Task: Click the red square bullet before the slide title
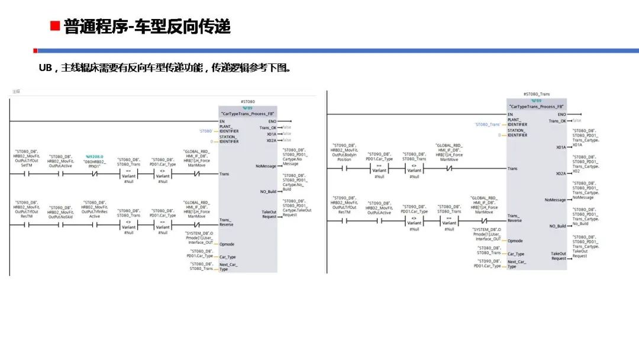tap(54, 27)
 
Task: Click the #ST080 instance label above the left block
tap(248, 102)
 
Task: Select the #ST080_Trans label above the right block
tap(536, 94)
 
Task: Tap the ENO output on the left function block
tap(272, 121)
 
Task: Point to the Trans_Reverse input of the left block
tap(226, 222)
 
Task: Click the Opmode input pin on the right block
tap(515, 241)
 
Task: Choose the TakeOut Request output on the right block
tap(559, 256)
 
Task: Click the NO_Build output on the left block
tap(268, 191)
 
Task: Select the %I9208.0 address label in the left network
tap(95, 156)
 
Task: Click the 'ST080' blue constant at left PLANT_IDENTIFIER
tap(205, 131)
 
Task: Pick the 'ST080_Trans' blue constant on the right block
tap(488, 124)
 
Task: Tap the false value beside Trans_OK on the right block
tap(577, 121)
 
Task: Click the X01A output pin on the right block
tap(560, 147)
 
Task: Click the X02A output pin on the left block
tap(271, 140)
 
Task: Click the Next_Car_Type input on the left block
tap(228, 267)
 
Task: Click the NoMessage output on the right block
tap(556, 200)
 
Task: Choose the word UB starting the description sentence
tap(46, 67)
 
